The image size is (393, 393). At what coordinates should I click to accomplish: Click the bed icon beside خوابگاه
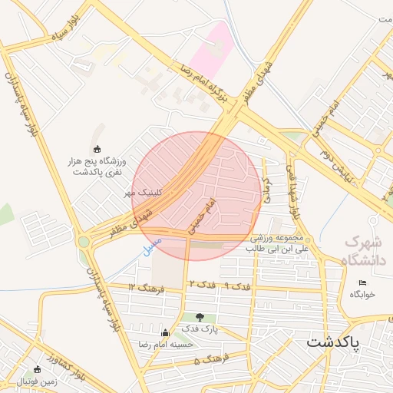(x=363, y=283)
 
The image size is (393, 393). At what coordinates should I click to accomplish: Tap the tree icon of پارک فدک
(x=200, y=316)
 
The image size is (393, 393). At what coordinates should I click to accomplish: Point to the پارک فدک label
(x=200, y=329)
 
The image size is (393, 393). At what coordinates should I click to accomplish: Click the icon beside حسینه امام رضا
(x=165, y=333)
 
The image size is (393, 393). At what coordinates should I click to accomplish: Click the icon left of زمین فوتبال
(x=37, y=370)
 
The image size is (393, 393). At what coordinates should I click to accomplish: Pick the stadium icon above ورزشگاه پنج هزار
(x=96, y=149)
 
